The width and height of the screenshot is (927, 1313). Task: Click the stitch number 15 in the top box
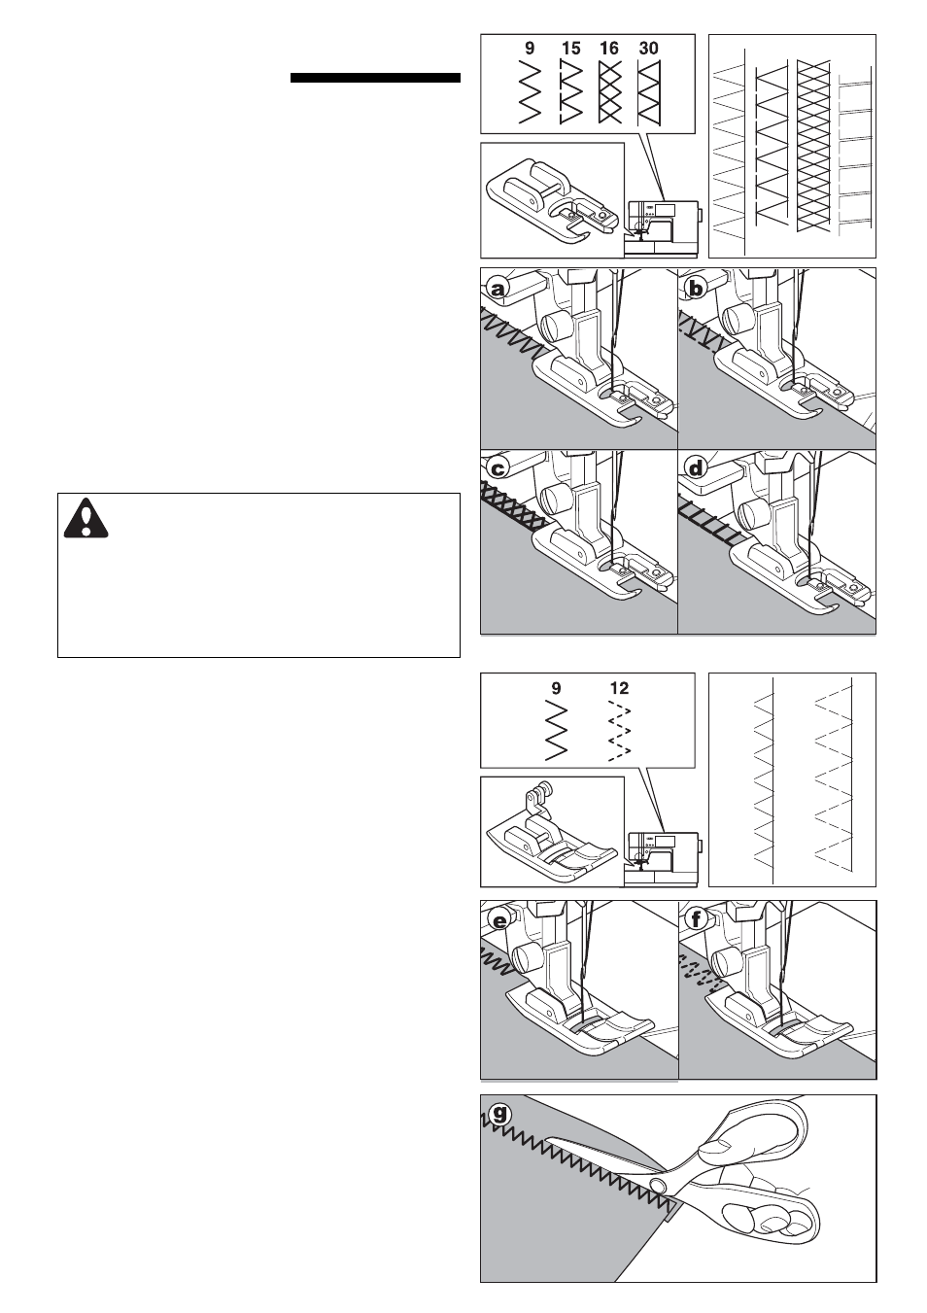[x=570, y=48]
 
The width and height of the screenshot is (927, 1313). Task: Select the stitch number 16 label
[x=609, y=48]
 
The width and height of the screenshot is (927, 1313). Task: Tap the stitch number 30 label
[x=649, y=48]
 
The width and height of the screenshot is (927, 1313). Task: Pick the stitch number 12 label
[x=619, y=688]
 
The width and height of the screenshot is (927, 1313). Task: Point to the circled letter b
[x=697, y=289]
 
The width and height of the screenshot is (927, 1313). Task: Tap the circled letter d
[x=697, y=468]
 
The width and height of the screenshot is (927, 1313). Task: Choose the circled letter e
[x=499, y=921]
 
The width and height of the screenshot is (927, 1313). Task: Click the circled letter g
[x=499, y=1113]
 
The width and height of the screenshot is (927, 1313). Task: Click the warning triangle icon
[x=86, y=518]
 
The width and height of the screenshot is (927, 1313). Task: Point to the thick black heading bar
[x=375, y=78]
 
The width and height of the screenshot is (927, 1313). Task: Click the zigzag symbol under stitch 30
[x=649, y=92]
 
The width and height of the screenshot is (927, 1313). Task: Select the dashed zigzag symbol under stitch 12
[x=619, y=730]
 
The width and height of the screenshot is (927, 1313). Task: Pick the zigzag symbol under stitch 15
[x=570, y=92]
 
